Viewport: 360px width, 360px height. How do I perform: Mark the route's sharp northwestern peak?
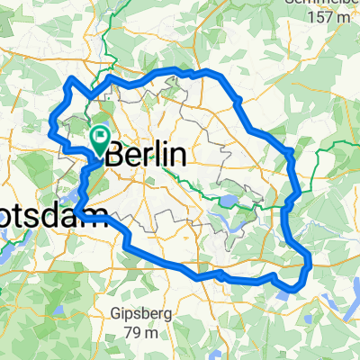tap(71, 83)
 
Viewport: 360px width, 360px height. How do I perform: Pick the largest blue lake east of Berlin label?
tap(226, 203)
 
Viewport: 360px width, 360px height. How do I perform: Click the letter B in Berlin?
tap(115, 155)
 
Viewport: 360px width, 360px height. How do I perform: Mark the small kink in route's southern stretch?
tap(220, 272)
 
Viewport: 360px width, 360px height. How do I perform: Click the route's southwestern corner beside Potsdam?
tap(77, 211)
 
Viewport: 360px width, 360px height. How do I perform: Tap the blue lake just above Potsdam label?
tap(65, 193)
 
